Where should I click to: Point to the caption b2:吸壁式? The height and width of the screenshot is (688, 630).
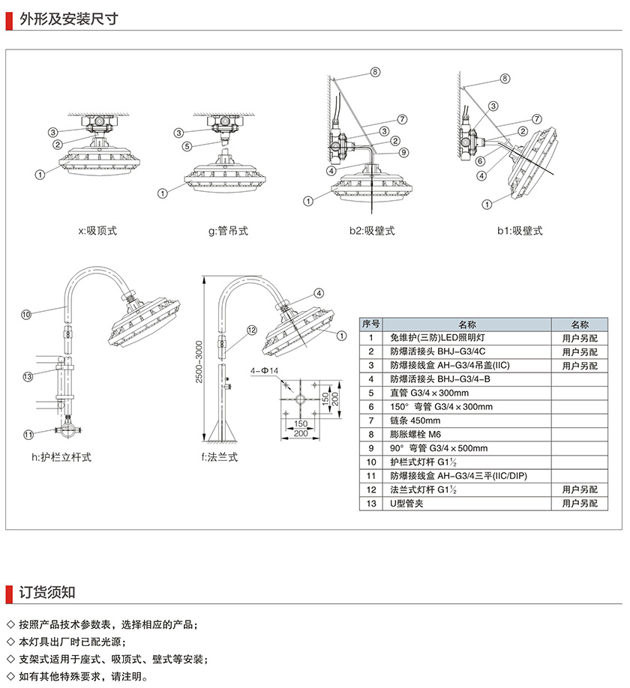pyautogui.click(x=371, y=231)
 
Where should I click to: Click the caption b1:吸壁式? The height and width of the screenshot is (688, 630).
pyautogui.click(x=520, y=231)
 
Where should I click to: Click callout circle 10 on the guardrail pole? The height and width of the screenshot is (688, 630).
pyautogui.click(x=25, y=314)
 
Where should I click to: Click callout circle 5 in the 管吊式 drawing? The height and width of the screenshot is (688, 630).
pyautogui.click(x=187, y=146)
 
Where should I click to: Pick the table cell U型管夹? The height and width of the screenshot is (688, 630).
pyautogui.click(x=408, y=503)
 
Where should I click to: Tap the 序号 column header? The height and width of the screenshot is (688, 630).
pyautogui.click(x=371, y=324)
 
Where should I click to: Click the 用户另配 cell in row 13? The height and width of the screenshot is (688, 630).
pyautogui.click(x=580, y=503)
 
